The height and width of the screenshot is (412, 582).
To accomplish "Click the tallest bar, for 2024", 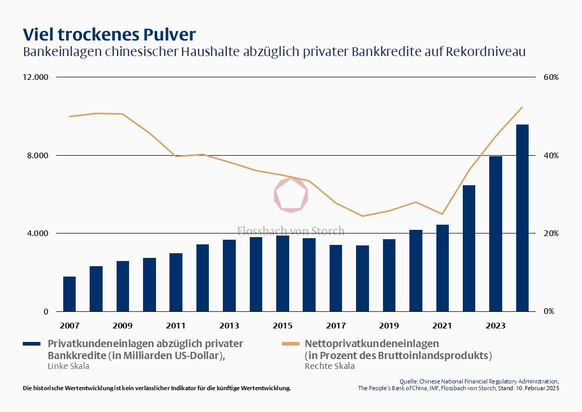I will (522, 218).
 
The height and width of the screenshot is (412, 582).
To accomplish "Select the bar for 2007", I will (69, 294).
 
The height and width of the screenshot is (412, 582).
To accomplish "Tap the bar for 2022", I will (469, 248).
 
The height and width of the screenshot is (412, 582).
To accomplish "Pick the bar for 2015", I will (282, 273).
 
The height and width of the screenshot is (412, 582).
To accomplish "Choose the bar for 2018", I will (362, 278).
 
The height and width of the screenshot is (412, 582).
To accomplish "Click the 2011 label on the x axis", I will (176, 326).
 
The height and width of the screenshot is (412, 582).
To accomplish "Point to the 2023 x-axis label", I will (495, 326).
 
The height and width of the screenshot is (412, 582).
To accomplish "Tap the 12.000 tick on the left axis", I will (35, 77).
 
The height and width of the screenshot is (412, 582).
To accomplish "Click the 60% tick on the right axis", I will (551, 77).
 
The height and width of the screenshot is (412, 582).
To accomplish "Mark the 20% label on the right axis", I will (551, 234).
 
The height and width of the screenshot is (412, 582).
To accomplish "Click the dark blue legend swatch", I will (32, 344).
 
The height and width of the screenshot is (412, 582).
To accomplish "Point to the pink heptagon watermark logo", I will (291, 195).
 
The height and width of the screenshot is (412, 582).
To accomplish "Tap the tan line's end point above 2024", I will (522, 107).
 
